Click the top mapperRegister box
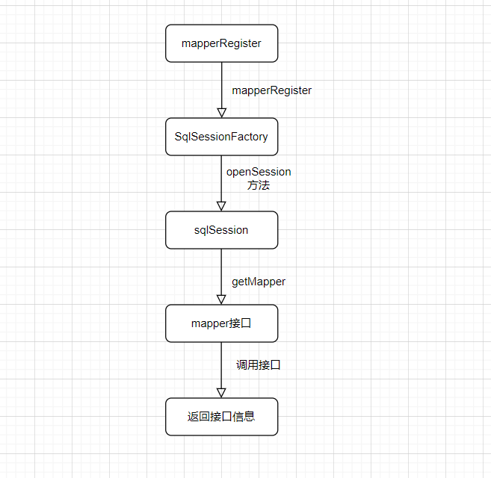[x=221, y=43]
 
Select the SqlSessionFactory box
[x=221, y=137]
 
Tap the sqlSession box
[x=221, y=230]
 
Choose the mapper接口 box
[x=221, y=323]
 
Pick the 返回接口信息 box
[x=221, y=417]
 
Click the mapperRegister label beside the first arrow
[x=271, y=90]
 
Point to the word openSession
[x=259, y=172]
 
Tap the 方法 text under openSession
[x=259, y=185]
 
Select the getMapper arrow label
[x=259, y=282]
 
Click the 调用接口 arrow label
[x=259, y=365]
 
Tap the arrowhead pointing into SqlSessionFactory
[x=221, y=113]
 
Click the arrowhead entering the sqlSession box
[x=221, y=206]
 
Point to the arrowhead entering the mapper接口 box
[x=221, y=299]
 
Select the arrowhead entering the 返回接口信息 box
[x=221, y=393]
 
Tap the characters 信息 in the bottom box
[x=244, y=417]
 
